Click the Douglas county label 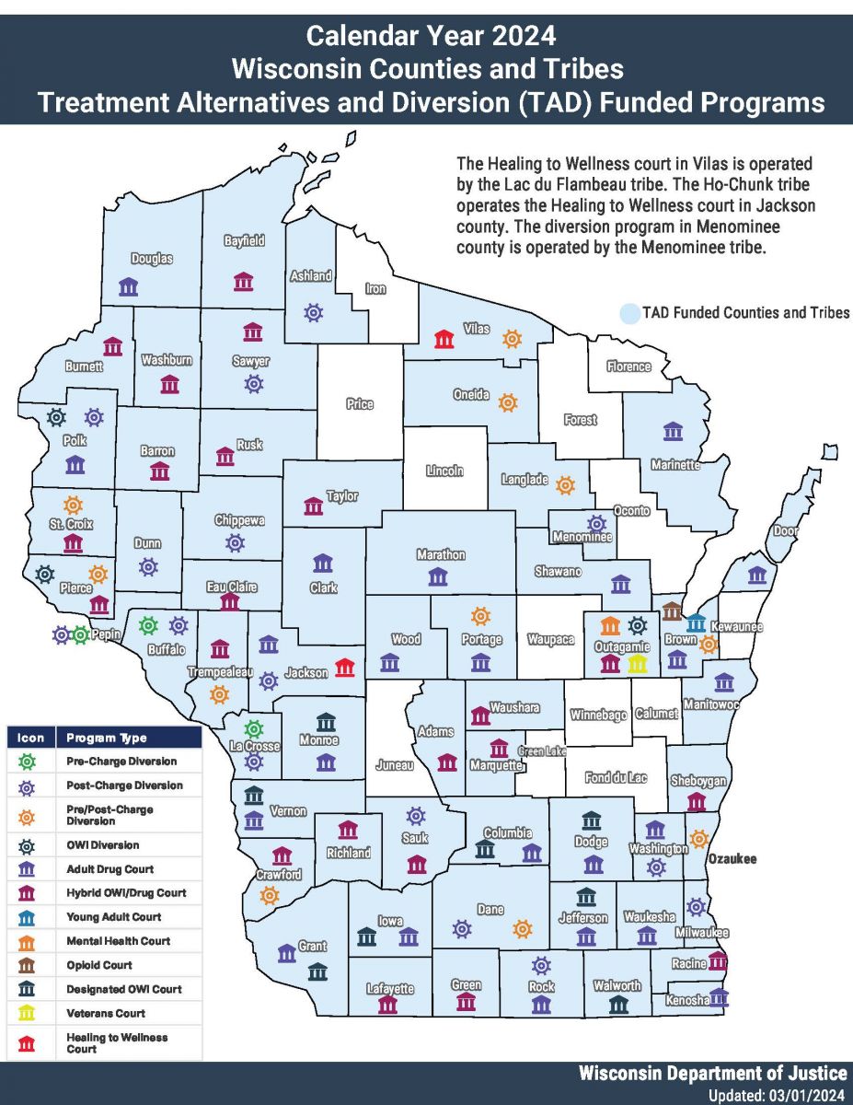click(x=151, y=259)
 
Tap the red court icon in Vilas click(x=444, y=339)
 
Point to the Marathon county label click(x=441, y=555)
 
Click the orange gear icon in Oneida click(x=507, y=402)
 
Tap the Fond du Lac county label click(x=616, y=778)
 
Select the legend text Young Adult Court click(x=100, y=917)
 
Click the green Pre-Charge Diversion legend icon click(x=28, y=762)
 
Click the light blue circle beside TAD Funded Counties click(x=629, y=314)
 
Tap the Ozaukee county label click(x=732, y=858)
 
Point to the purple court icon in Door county click(x=756, y=576)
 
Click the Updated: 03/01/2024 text click(x=778, y=1096)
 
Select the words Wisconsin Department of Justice click(x=713, y=1074)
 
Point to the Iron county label click(x=375, y=288)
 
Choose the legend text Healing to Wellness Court click(x=117, y=1042)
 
